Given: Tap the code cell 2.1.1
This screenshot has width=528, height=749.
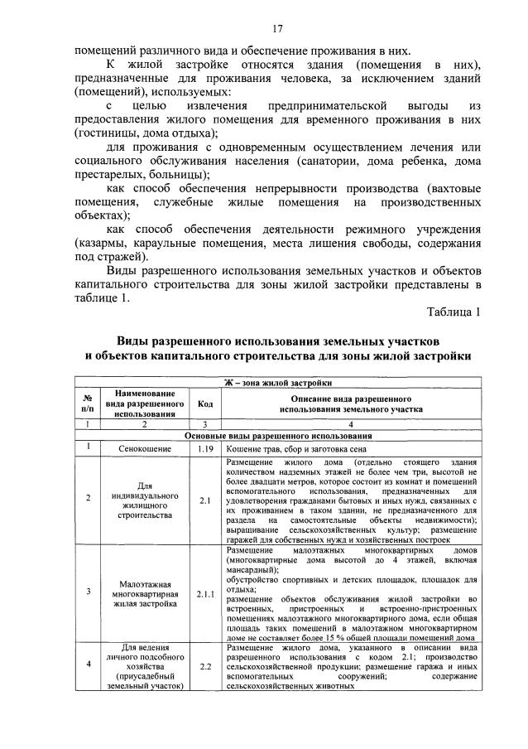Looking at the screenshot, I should coord(204,593).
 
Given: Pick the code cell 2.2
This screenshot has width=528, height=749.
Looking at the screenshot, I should coord(204,665).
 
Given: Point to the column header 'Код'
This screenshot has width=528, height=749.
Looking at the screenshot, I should coord(204,403).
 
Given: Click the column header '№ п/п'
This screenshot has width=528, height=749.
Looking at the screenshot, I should coord(88,403).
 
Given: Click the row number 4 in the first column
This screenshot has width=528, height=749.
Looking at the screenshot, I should coord(88,664).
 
